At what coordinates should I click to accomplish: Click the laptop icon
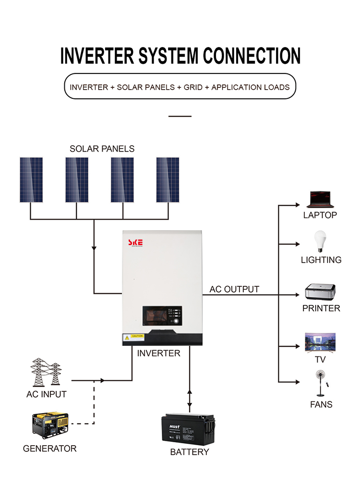(320, 199)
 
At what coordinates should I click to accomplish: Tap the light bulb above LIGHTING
(320, 241)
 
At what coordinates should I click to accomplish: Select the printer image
(320, 292)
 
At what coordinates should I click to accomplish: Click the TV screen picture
(320, 342)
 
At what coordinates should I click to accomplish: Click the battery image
(188, 428)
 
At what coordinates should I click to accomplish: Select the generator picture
(50, 425)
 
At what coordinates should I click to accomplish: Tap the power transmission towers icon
(46, 373)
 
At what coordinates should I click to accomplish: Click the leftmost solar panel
(31, 179)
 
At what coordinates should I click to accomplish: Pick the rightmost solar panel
(168, 179)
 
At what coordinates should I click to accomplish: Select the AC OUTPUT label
(234, 289)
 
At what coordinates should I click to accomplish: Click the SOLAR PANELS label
(102, 149)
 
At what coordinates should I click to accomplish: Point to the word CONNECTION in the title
(252, 56)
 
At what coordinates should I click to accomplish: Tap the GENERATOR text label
(49, 449)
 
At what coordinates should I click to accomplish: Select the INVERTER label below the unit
(158, 354)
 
